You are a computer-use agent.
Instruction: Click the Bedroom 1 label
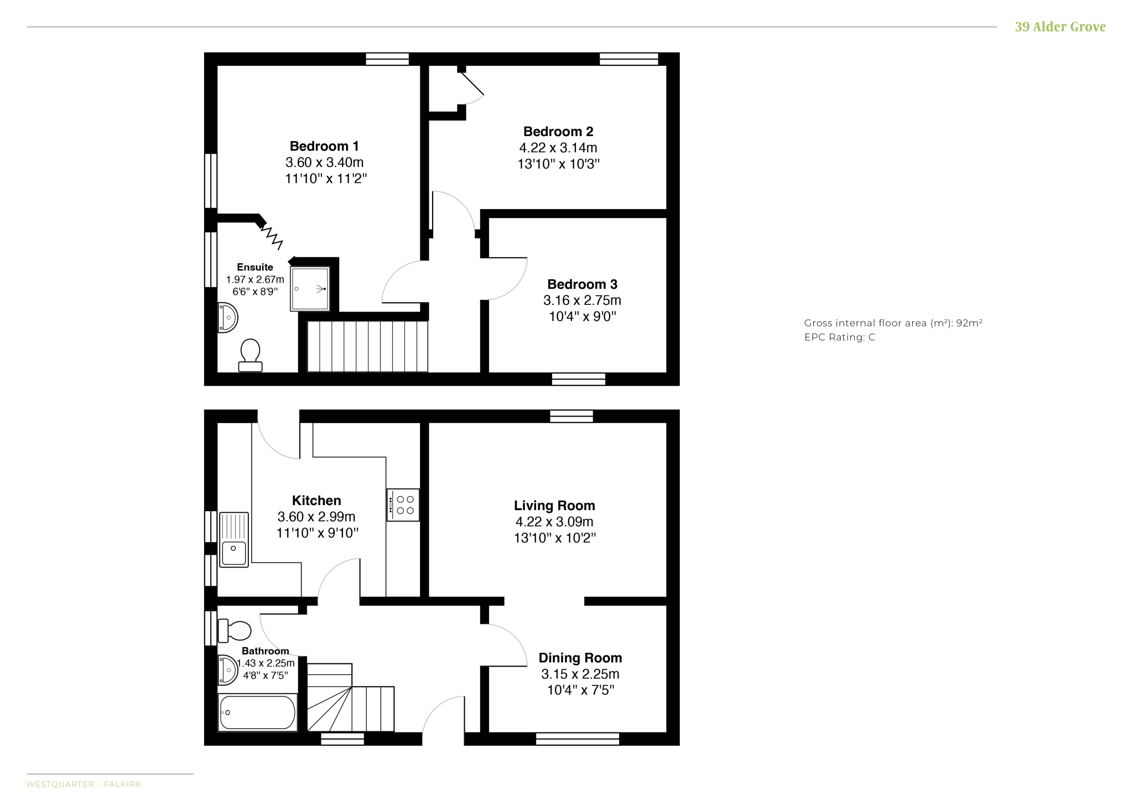[x=324, y=146]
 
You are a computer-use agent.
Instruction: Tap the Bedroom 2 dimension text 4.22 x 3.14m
[x=558, y=148]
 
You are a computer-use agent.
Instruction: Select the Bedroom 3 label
[x=582, y=284]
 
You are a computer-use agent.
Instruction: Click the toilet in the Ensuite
[x=251, y=355]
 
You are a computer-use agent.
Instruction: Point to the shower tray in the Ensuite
[x=310, y=289]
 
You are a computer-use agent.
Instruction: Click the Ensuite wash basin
[x=227, y=318]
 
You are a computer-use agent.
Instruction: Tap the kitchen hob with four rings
[x=403, y=505]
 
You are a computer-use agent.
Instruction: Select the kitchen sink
[x=234, y=540]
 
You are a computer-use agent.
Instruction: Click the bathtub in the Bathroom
[x=258, y=712]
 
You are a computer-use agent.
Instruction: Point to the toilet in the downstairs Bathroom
[x=235, y=631]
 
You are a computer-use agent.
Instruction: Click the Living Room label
[x=554, y=506]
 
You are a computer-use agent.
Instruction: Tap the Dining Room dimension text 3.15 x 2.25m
[x=580, y=674]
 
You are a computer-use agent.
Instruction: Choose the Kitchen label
[x=316, y=501]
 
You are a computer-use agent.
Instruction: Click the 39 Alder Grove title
[x=1060, y=27]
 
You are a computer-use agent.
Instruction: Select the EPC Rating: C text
[x=840, y=337]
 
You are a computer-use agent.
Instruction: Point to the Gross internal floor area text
[x=893, y=323]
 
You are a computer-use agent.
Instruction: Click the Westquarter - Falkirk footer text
[x=84, y=784]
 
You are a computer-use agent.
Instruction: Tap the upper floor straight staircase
[x=367, y=347]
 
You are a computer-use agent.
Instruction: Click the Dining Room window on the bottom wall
[x=578, y=738]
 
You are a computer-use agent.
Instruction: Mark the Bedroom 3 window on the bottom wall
[x=579, y=379]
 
